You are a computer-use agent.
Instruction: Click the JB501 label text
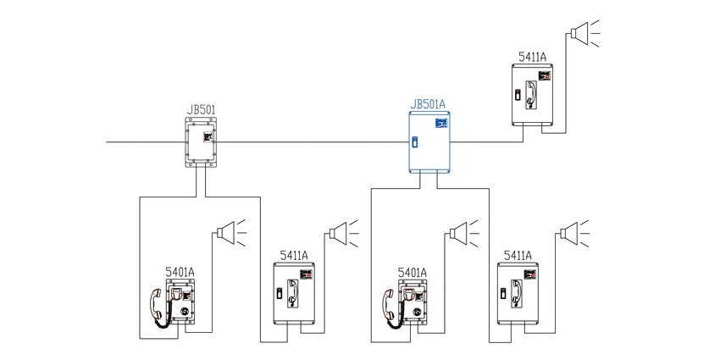tap(201, 110)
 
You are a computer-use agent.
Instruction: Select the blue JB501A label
tap(428, 105)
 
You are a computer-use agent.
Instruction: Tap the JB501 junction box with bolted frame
tap(201, 142)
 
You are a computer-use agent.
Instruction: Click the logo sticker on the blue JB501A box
tap(440, 123)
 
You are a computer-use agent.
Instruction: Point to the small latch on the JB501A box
tap(415, 141)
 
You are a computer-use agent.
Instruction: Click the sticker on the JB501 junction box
tap(208, 136)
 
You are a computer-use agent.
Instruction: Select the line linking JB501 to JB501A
tap(313, 142)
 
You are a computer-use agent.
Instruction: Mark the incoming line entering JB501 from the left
tap(146, 142)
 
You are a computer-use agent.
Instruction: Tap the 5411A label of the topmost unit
tap(532, 57)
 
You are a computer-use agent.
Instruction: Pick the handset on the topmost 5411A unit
tap(531, 95)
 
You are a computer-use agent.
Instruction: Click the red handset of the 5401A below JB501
tap(157, 304)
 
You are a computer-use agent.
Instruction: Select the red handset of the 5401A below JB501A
tap(390, 304)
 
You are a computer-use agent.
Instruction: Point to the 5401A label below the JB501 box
tap(180, 272)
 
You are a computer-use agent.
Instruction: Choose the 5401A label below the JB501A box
tap(413, 272)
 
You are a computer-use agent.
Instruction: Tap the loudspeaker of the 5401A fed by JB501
tap(230, 233)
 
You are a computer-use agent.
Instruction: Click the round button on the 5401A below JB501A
tap(417, 311)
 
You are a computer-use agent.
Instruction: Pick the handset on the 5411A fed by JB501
tap(292, 293)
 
